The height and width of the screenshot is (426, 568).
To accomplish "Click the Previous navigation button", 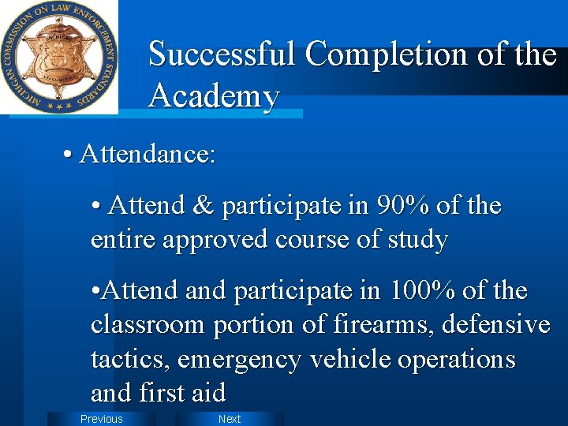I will pos(101,419).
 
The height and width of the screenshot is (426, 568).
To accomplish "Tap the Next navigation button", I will pos(229,419).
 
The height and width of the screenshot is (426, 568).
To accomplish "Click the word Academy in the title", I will pos(214,96).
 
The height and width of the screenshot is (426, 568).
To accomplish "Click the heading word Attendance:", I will pos(148,154).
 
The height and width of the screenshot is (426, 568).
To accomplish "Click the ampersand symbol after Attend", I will pos(204,206).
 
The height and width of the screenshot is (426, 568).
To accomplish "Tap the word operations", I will pos(457,360).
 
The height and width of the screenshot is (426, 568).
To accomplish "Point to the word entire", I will pos(122,240).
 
